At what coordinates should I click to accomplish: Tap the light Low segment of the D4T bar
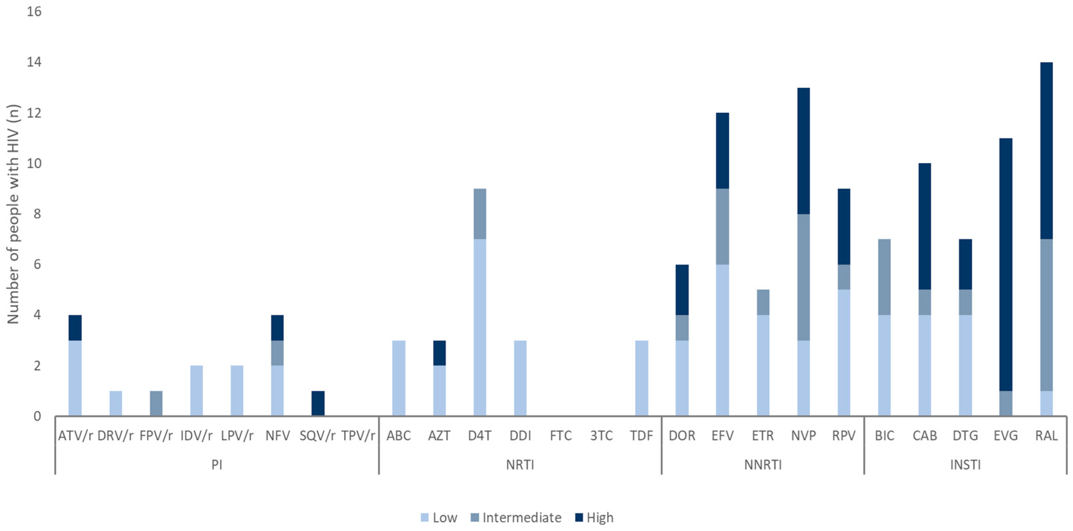click(479, 327)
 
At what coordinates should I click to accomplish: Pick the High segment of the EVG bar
click(1006, 264)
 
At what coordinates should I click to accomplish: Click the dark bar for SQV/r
click(318, 403)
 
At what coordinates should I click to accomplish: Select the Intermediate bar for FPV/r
click(156, 403)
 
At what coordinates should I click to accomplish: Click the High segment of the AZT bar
click(439, 353)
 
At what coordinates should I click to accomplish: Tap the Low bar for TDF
click(641, 378)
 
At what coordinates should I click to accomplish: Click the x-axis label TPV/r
click(358, 436)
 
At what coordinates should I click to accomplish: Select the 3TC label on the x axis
click(601, 436)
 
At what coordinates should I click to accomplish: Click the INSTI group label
click(965, 465)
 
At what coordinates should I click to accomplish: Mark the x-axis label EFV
click(722, 436)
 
